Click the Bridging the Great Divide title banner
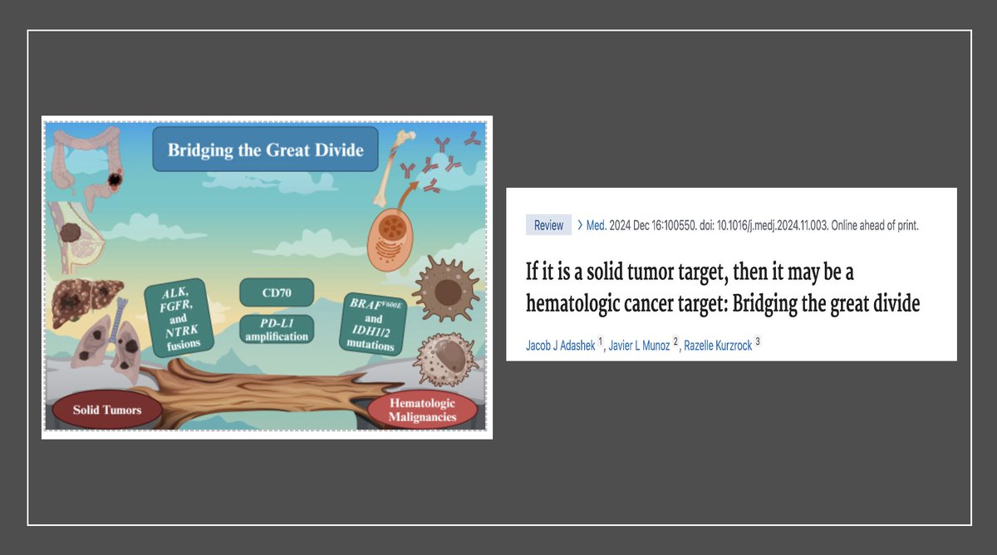(265, 149)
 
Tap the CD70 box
(277, 292)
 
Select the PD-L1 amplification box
(277, 329)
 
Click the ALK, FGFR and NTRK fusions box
(179, 317)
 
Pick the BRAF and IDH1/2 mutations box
(373, 324)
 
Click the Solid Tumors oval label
(107, 410)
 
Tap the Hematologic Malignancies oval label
(422, 410)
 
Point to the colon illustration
(86, 165)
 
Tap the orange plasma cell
(390, 240)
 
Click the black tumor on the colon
(115, 179)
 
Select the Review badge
(548, 225)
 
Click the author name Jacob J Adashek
(560, 346)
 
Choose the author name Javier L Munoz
(639, 346)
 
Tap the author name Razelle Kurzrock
(718, 346)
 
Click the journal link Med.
(596, 225)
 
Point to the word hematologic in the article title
(572, 304)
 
